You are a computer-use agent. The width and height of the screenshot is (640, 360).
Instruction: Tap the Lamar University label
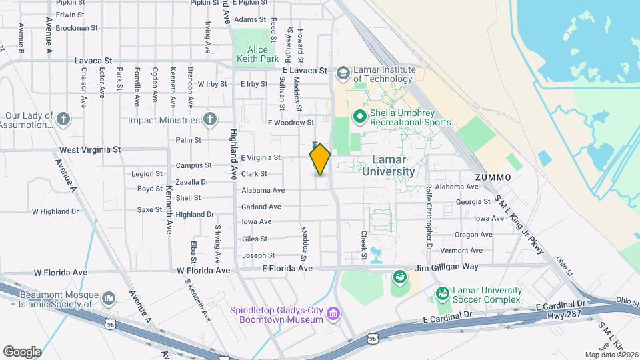tap(389, 165)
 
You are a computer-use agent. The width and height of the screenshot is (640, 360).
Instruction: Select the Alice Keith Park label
tap(257, 55)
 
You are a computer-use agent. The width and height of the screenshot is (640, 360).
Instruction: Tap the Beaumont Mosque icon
tap(110, 297)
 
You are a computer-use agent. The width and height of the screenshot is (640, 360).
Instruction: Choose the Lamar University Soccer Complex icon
tap(442, 293)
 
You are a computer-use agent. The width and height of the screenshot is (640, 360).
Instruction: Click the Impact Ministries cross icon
tap(211, 120)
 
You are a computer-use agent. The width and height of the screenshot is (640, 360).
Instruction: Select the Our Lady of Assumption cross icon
tap(63, 120)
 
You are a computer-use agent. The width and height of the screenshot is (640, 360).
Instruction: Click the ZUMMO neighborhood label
tap(493, 177)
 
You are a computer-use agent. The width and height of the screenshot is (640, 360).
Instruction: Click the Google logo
tap(22, 351)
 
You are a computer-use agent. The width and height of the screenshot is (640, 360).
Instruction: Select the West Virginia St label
tap(90, 150)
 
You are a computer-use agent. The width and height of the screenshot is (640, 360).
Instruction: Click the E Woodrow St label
tap(291, 123)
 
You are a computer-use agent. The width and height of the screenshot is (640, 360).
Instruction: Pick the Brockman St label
tap(77, 28)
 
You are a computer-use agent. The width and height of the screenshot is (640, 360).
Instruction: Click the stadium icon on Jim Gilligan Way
tap(399, 276)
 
